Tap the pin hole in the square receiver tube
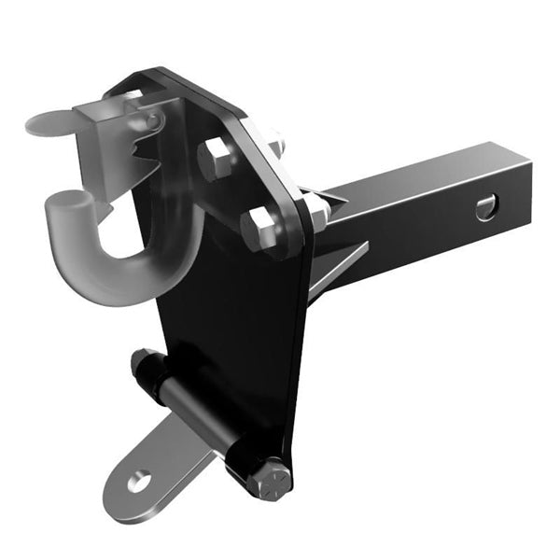(486, 207)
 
